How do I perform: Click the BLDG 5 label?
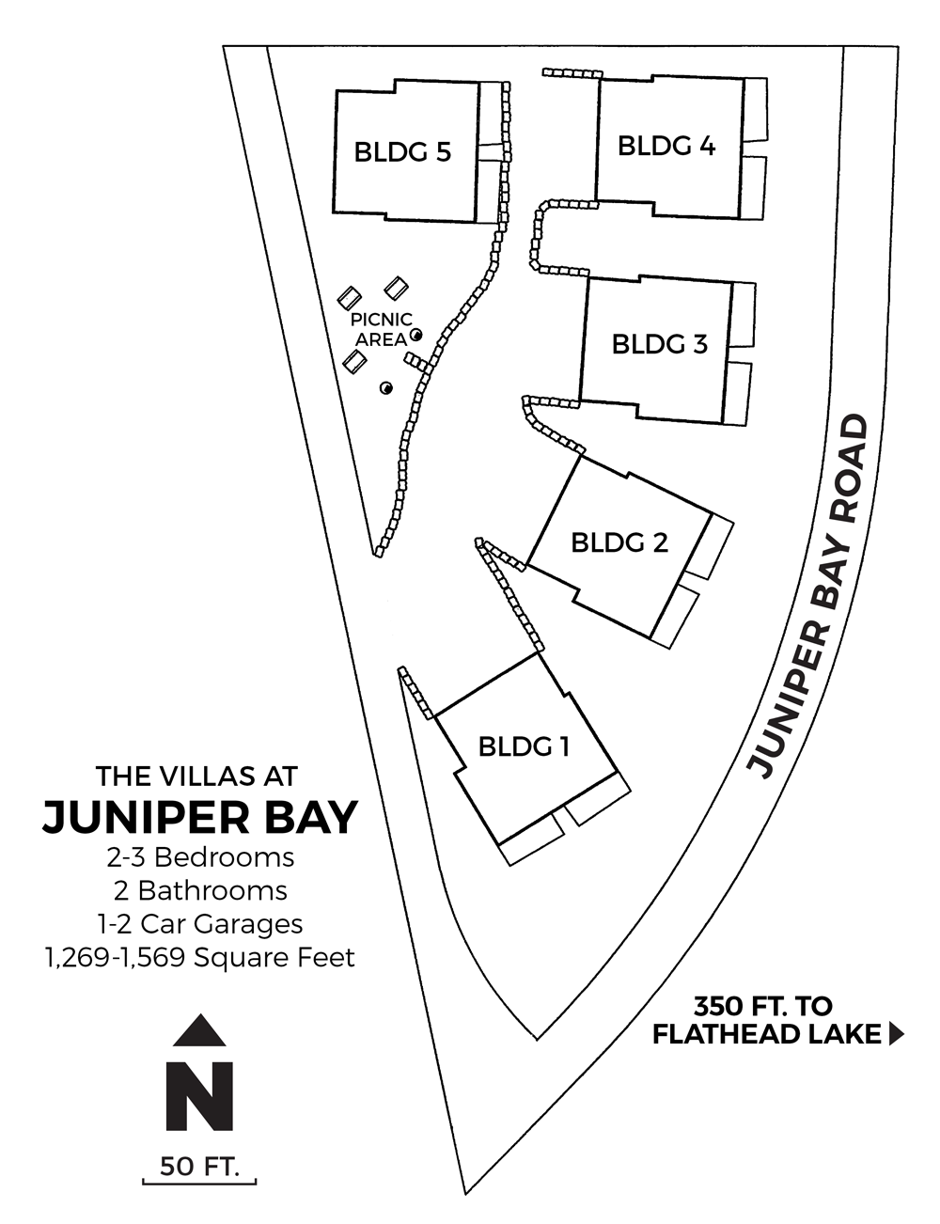pos(402,152)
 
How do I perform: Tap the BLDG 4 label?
pos(666,146)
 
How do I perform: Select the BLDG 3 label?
pos(660,344)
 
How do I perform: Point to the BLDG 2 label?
pos(619,542)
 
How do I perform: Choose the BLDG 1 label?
pos(524,747)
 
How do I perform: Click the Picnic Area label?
pos(382,330)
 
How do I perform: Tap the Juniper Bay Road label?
pos(808,597)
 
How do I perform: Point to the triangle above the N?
pos(199,1030)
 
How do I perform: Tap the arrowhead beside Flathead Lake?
pos(896,1034)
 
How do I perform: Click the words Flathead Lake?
pos(766,1034)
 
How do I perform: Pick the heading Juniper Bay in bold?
pos(200,817)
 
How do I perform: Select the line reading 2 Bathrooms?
pos(200,891)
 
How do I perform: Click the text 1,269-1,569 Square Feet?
pos(200,958)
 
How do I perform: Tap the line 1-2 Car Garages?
pos(200,924)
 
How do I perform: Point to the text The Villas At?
pos(196,777)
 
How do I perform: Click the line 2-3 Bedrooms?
pos(200,858)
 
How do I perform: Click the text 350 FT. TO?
pos(763,1006)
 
